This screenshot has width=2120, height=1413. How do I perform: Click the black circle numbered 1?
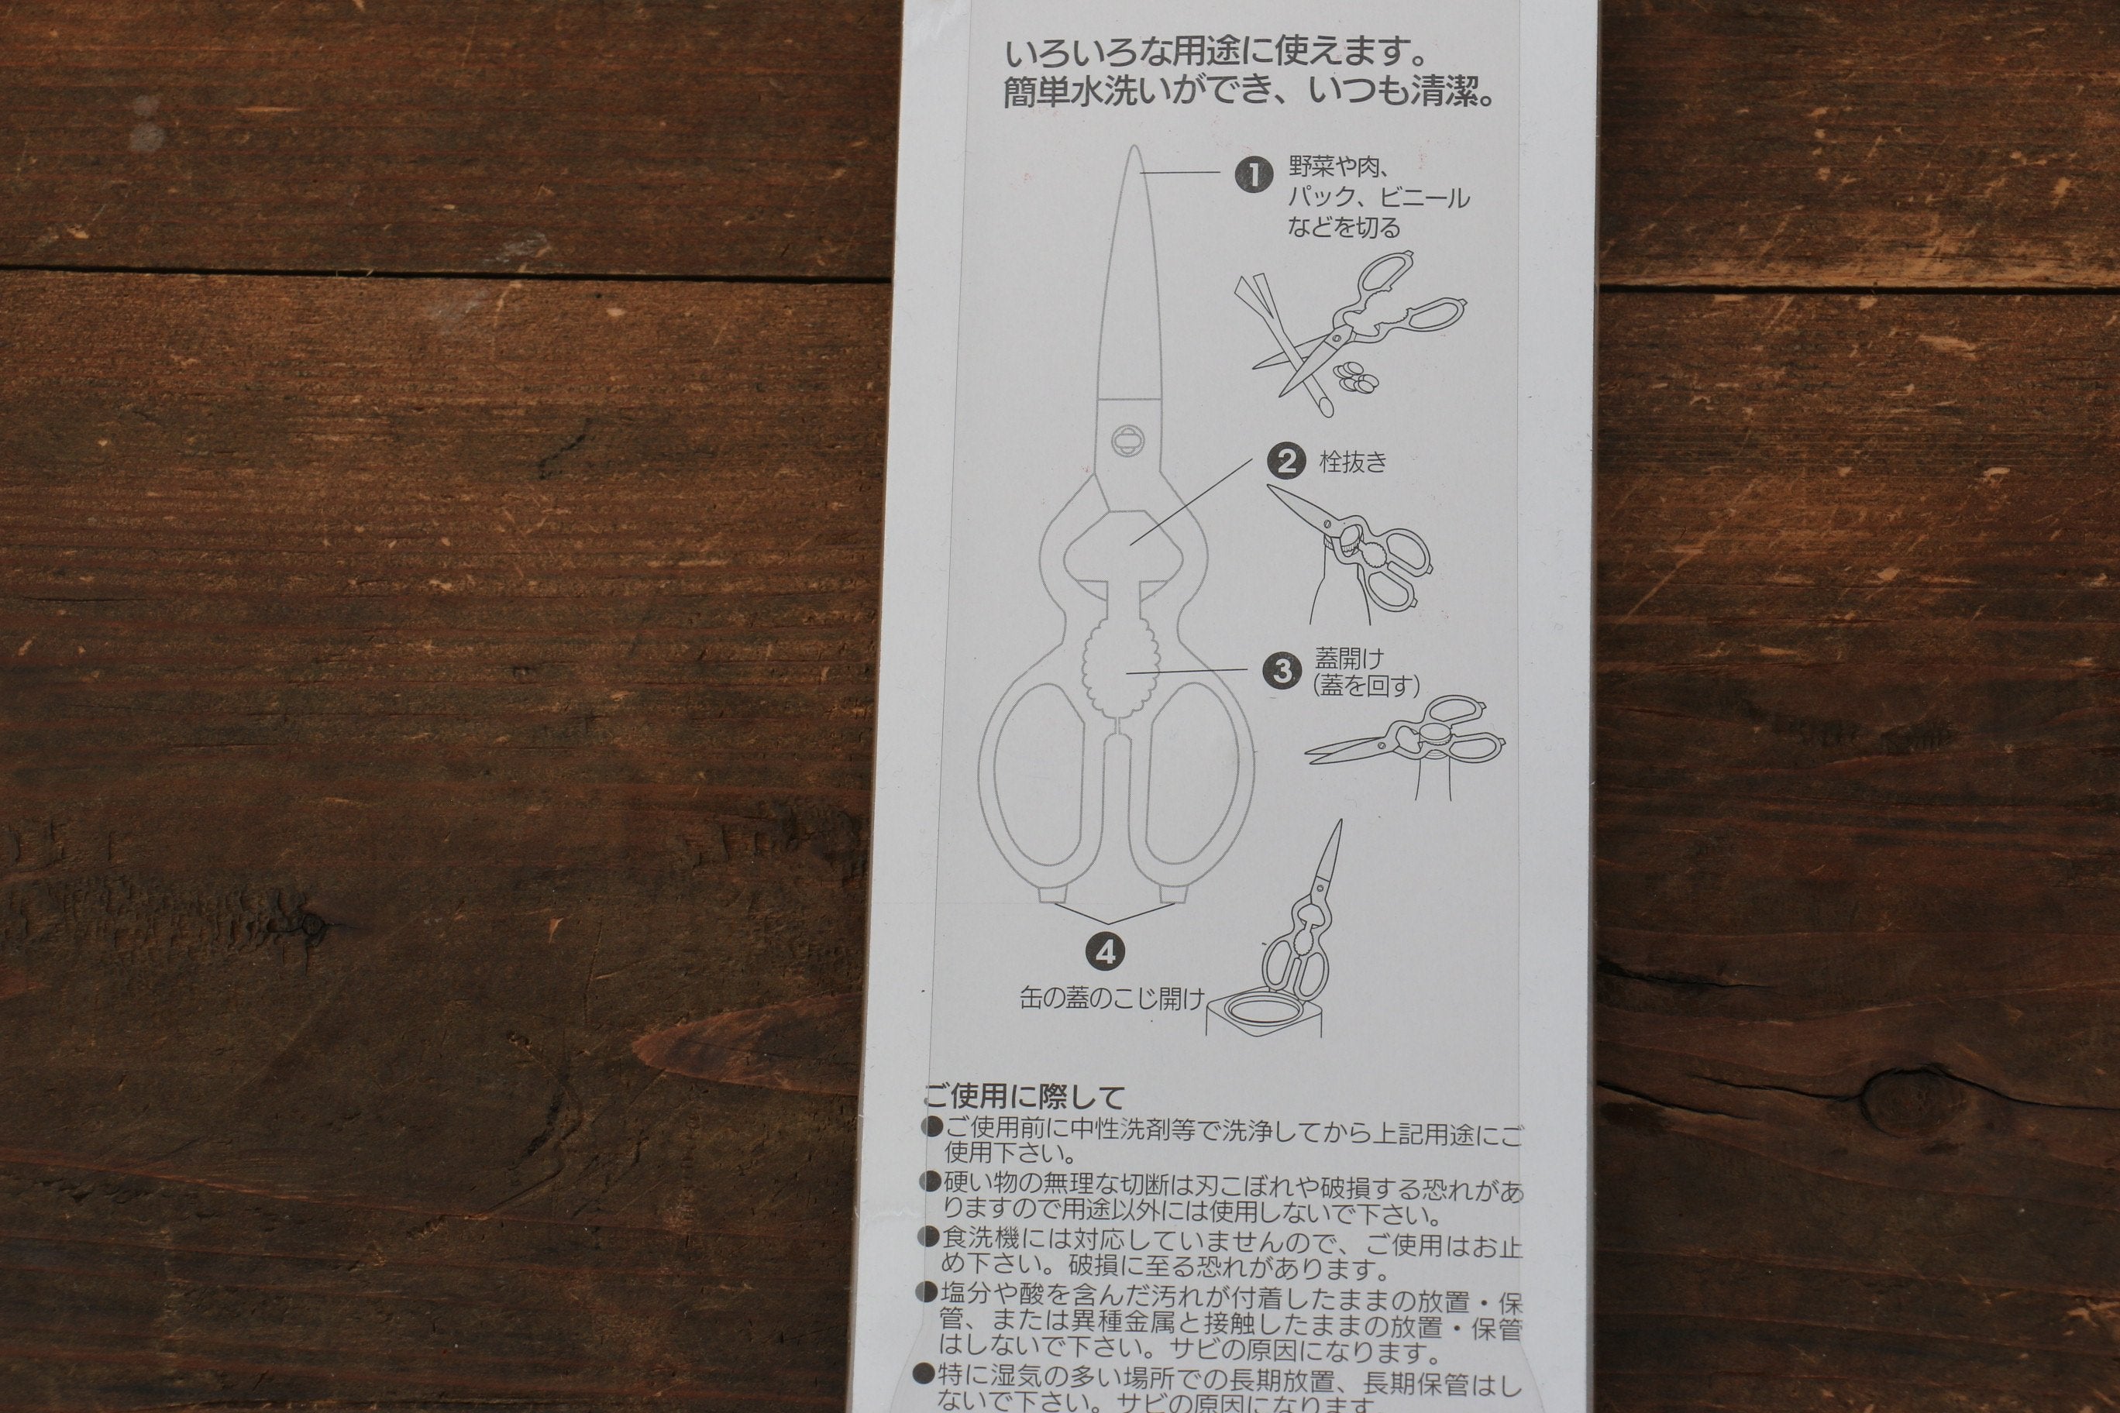coord(1253,175)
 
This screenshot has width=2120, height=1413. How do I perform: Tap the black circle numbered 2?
coord(1285,462)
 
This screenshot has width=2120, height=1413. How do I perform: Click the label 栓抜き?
coord(1353,462)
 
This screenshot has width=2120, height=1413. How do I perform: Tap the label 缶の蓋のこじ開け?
coord(1111,999)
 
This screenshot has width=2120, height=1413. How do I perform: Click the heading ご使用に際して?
coord(1024,1097)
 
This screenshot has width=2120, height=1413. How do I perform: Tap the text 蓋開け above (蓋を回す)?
coord(1348,658)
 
